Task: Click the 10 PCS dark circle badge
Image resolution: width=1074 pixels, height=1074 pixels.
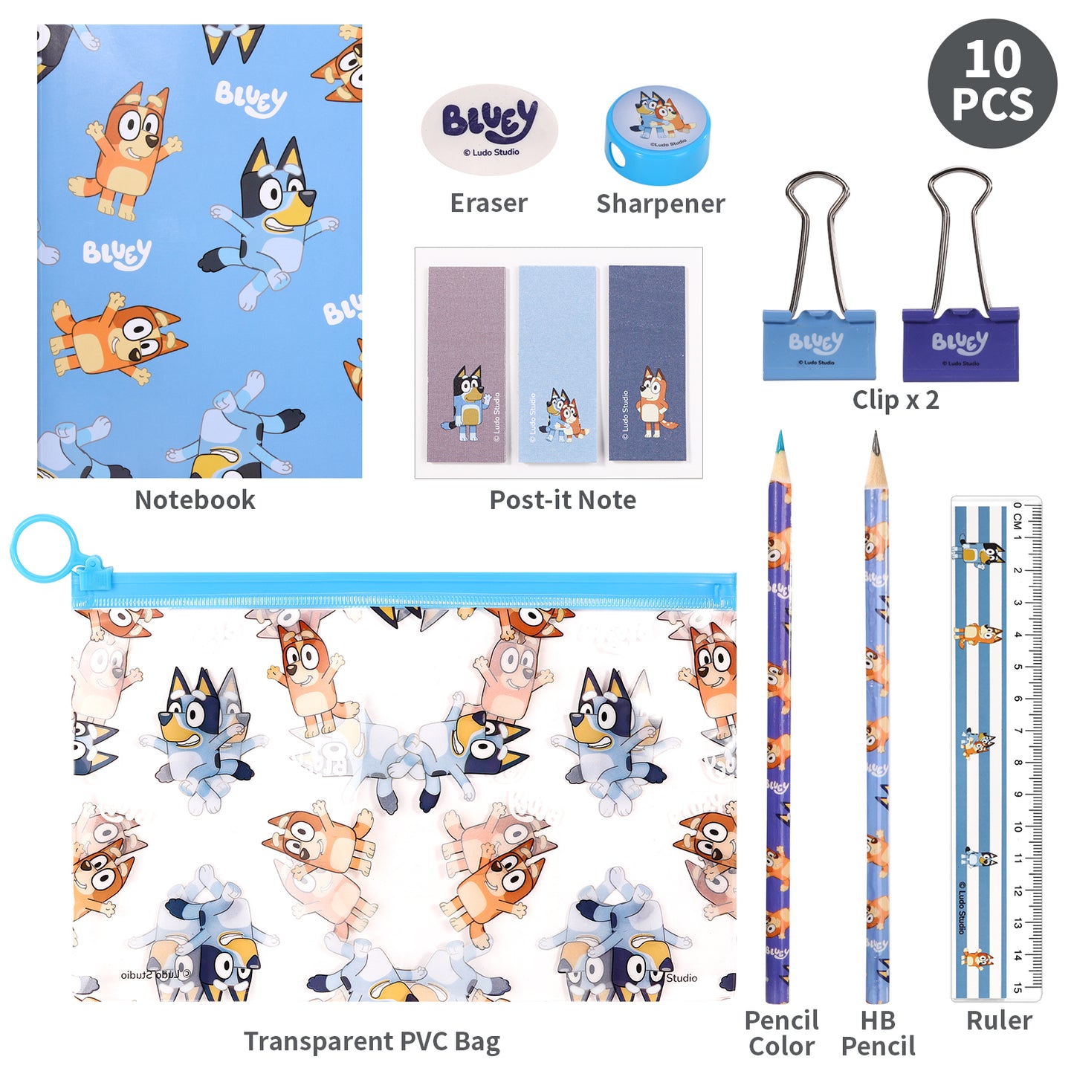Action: coord(991,83)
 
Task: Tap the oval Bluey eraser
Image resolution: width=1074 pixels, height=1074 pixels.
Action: coord(489,129)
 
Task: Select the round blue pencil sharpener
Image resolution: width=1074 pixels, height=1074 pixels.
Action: coord(658,135)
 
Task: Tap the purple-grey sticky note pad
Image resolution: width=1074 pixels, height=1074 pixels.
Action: coord(467,363)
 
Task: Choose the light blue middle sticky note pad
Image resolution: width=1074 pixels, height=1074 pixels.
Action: coord(557,363)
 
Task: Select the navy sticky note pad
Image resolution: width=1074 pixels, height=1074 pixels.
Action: coord(647,363)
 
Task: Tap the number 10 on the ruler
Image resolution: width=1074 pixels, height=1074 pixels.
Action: coord(1018,826)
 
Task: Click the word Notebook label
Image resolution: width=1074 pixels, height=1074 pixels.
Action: coord(195,500)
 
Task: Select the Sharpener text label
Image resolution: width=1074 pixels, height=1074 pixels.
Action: coord(660,203)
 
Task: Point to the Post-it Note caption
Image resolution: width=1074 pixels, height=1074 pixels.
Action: coord(563,500)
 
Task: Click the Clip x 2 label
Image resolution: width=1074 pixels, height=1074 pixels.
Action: coord(895,400)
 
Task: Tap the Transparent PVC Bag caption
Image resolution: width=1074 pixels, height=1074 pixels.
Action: coord(372,1042)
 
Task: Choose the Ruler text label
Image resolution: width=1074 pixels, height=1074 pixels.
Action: coord(998,1020)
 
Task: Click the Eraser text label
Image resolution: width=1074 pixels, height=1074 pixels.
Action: coord(488,203)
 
